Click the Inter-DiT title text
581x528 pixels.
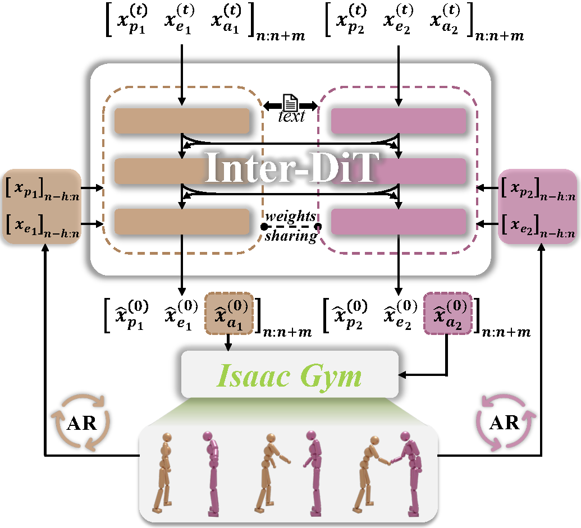point(290,167)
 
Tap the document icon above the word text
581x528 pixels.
point(290,103)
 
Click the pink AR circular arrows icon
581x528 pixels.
point(504,422)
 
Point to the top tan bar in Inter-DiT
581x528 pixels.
point(182,121)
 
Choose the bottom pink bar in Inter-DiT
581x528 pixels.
point(399,221)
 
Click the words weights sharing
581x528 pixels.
point(291,226)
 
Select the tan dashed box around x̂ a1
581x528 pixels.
point(229,313)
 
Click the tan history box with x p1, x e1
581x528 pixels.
point(42,206)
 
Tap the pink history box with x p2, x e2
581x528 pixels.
point(537,206)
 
